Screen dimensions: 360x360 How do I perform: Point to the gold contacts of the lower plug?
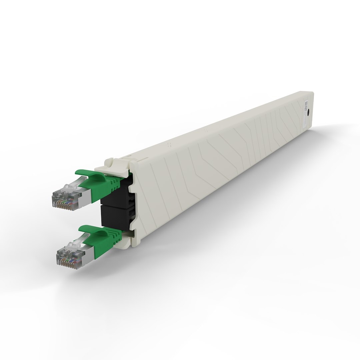pyautogui.click(x=67, y=262)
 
